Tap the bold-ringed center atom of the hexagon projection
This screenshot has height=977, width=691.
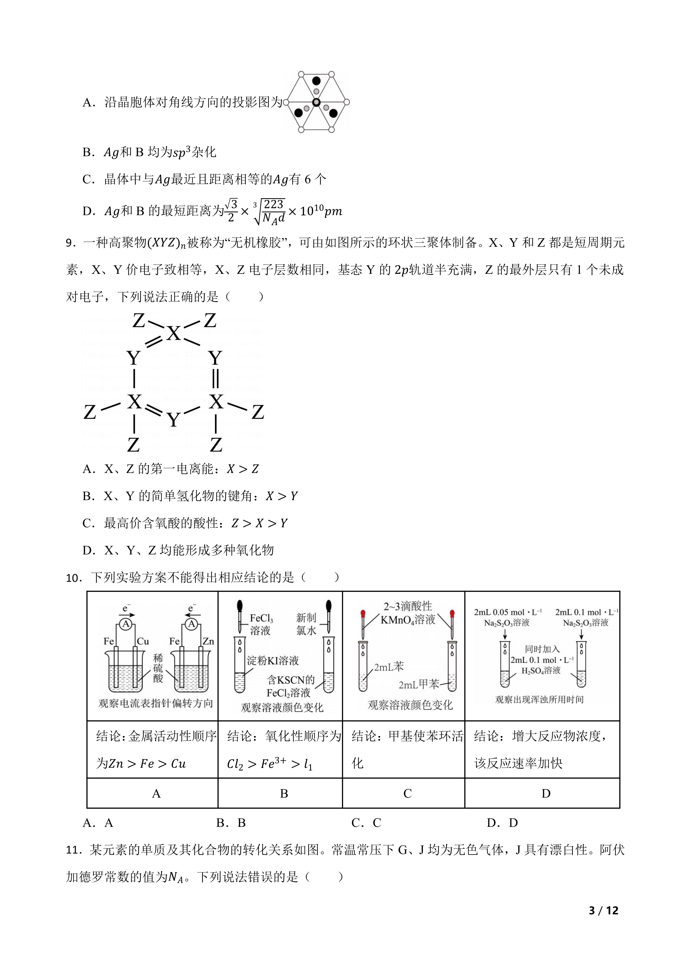pyautogui.click(x=316, y=102)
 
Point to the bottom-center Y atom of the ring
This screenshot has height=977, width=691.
pyautogui.click(x=173, y=421)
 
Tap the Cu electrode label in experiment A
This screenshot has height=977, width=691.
pyautogui.click(x=143, y=641)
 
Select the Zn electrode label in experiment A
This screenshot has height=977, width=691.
pyautogui.click(x=208, y=641)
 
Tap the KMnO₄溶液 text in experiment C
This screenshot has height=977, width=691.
pyautogui.click(x=408, y=620)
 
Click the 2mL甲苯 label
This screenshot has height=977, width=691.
pyautogui.click(x=419, y=684)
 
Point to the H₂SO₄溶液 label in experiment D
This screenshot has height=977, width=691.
pyautogui.click(x=541, y=671)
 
